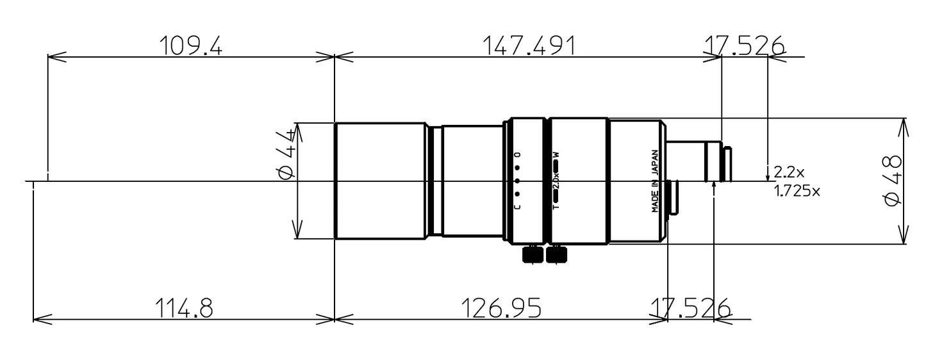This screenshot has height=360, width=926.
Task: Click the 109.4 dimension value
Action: pos(190,45)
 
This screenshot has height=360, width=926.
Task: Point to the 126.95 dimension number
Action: pos(501,308)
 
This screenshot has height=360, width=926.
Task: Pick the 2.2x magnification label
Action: pos(788,172)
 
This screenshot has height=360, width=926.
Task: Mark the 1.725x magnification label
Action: pos(797,191)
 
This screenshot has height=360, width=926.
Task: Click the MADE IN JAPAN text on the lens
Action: pos(655,181)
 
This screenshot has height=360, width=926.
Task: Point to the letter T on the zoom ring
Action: pos(556,207)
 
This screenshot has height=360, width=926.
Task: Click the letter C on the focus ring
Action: pos(517,206)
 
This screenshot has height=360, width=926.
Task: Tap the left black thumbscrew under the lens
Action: pos(533,254)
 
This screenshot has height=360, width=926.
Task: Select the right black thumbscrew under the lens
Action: pos(556,254)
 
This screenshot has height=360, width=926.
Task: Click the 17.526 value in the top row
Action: pos(744,45)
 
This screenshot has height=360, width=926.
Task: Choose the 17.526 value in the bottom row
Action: pos(690,308)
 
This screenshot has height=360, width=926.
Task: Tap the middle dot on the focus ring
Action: pos(517,181)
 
